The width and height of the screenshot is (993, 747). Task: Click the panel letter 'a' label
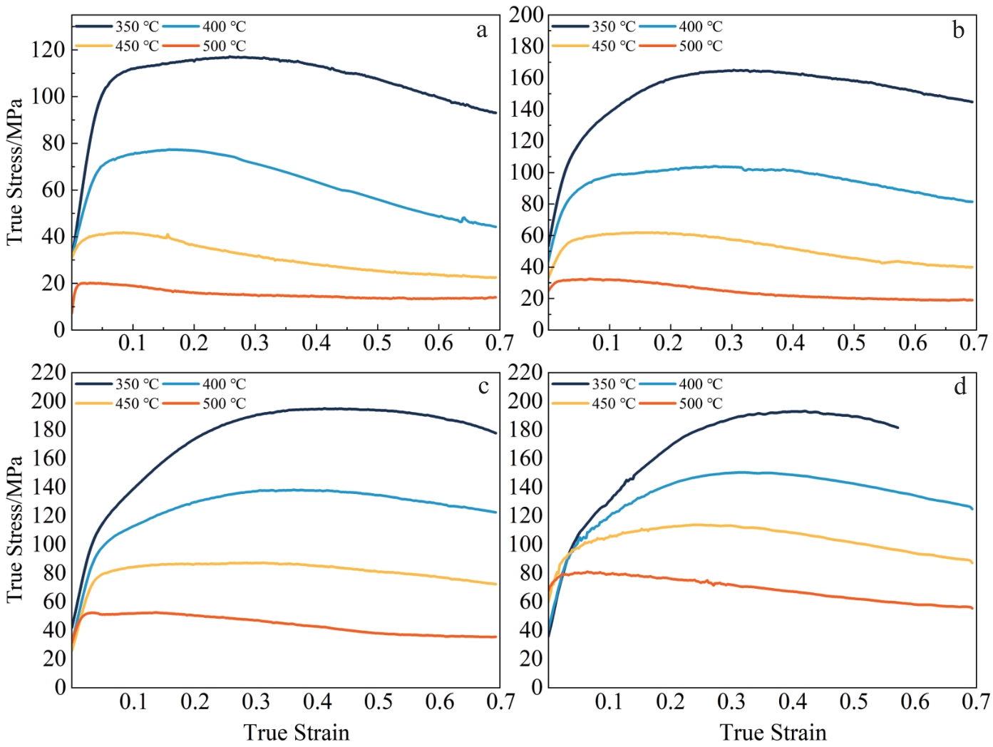(x=483, y=30)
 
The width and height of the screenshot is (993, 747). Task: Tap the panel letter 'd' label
(x=959, y=386)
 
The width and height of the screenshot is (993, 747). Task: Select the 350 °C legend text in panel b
(x=613, y=26)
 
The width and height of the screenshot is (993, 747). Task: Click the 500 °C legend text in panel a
(x=224, y=46)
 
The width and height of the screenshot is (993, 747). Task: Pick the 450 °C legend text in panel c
(x=137, y=403)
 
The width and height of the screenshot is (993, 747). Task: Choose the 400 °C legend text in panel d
(x=700, y=384)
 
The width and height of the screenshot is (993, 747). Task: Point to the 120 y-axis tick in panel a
(x=48, y=49)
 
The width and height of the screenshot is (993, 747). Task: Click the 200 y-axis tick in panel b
(x=525, y=14)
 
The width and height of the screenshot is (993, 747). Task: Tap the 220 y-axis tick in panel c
(x=48, y=372)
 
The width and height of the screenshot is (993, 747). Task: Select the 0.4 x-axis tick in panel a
(x=316, y=344)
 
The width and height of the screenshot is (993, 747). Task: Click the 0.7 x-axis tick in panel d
(x=974, y=701)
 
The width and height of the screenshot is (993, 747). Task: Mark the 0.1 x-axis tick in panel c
(x=133, y=701)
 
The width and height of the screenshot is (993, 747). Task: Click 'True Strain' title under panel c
(x=297, y=732)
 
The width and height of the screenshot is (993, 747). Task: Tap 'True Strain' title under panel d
(x=773, y=732)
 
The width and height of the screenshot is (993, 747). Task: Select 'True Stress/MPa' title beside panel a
(x=15, y=171)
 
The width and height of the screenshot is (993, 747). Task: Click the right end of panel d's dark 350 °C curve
(x=897, y=428)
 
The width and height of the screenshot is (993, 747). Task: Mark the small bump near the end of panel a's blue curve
(x=463, y=218)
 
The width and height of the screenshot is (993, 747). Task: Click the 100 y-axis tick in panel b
(x=525, y=172)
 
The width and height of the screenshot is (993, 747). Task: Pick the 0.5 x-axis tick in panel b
(x=851, y=344)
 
